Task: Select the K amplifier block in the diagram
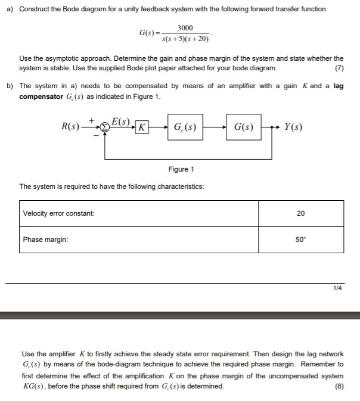(141, 127)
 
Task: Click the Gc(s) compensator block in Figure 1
(185, 126)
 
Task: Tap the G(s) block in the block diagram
(244, 126)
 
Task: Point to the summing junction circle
(104, 127)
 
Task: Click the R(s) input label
(74, 126)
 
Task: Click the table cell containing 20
(300, 213)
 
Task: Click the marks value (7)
(339, 68)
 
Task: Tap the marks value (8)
(339, 386)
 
